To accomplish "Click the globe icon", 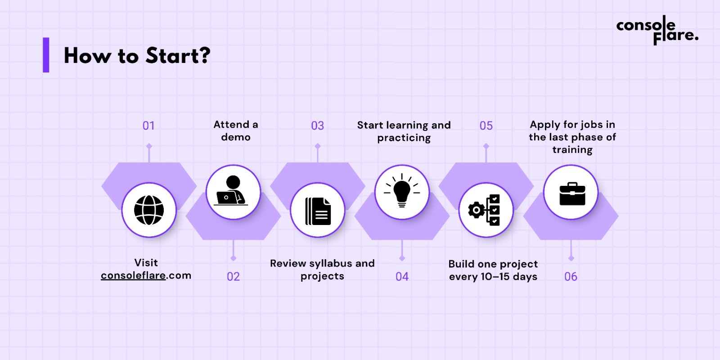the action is pos(149,210).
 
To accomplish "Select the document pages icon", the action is pos(318,211).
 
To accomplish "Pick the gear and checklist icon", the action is pos(484,210).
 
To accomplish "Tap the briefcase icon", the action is pos(572,194).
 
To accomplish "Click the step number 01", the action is pos(148,126).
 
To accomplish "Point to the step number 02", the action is pos(234,277).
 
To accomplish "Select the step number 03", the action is pos(318,126).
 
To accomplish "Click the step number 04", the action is pos(402,277).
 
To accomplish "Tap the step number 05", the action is pos(486,126).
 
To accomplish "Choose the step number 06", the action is pos(571,277).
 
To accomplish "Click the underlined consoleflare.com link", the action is pos(146,275).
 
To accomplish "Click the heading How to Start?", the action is pos(137,56).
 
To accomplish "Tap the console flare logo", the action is pos(657,30).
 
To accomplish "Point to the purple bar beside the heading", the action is pos(46,55).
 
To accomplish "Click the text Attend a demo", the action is pos(236,131).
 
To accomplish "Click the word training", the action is pos(572,150).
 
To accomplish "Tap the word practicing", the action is pos(404,138).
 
